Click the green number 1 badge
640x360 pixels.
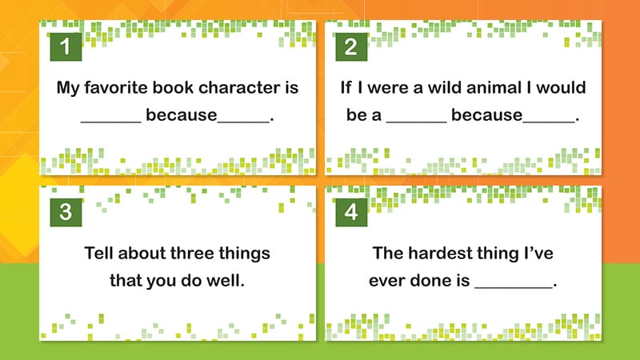[x=66, y=46]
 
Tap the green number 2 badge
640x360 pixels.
[x=351, y=46]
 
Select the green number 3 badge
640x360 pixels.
[x=66, y=212]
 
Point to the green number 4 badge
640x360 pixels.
[x=351, y=212]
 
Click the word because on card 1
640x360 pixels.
[x=182, y=115]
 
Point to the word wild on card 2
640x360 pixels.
[x=444, y=87]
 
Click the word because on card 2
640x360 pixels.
[x=486, y=115]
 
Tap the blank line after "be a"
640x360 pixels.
[x=416, y=122]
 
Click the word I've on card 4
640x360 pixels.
[x=538, y=253]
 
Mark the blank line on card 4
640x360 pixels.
[x=514, y=287]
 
